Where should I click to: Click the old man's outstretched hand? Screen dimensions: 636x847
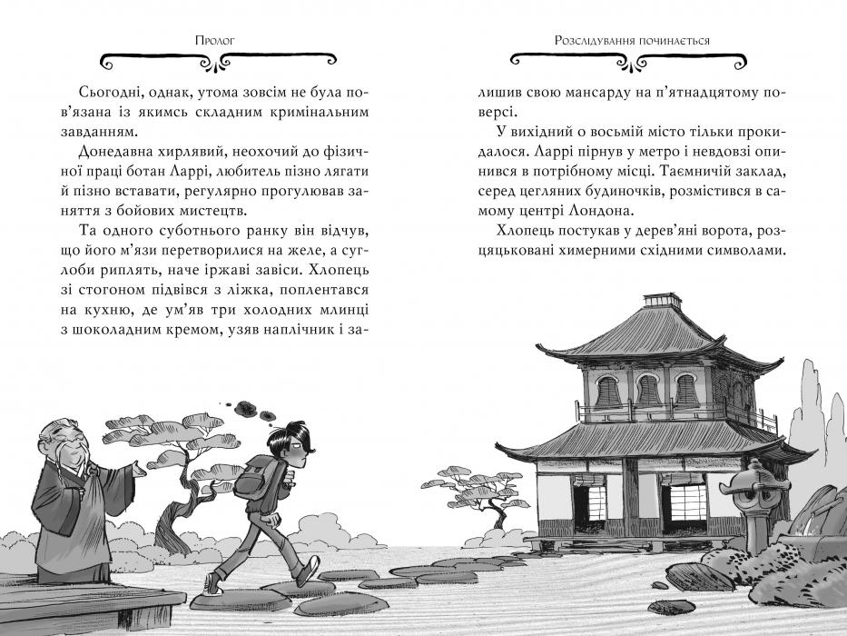click(138, 470)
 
